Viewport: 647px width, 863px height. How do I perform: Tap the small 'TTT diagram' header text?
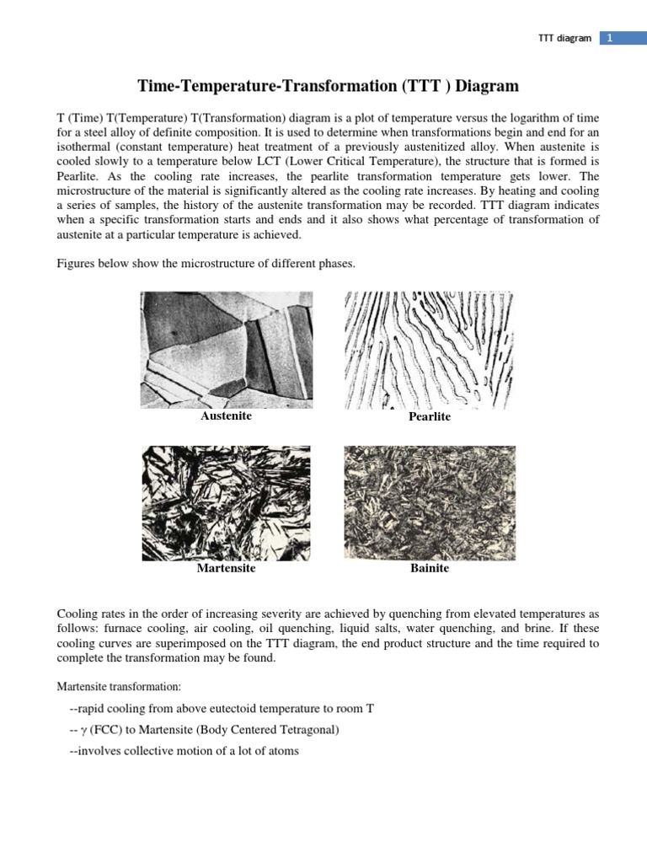click(x=564, y=39)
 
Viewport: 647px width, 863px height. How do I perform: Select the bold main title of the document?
click(x=328, y=86)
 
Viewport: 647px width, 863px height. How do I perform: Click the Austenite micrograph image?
click(x=226, y=349)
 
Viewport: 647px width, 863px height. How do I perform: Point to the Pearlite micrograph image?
click(x=429, y=349)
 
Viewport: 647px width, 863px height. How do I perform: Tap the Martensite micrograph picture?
click(x=226, y=501)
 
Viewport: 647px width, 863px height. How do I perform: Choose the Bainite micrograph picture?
click(x=430, y=501)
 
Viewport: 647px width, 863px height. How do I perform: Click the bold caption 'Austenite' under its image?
click(x=226, y=416)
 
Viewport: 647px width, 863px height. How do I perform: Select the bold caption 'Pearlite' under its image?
click(x=430, y=417)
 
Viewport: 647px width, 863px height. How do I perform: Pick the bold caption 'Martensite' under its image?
click(x=226, y=569)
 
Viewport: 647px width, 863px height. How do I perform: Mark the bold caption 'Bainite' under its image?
click(x=430, y=569)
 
